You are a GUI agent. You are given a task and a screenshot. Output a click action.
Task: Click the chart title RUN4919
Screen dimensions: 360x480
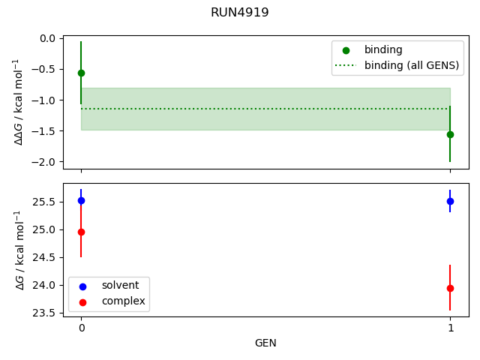pyautogui.click(x=240, y=13)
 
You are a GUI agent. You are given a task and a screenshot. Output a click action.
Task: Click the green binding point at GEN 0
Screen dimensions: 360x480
pyautogui.click(x=81, y=73)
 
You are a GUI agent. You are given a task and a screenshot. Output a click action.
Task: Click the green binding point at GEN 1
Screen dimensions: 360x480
pyautogui.click(x=450, y=134)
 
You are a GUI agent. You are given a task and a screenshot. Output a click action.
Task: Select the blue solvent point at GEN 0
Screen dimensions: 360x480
pyautogui.click(x=81, y=200)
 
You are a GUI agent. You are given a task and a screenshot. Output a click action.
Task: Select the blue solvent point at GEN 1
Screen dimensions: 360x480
pyautogui.click(x=450, y=201)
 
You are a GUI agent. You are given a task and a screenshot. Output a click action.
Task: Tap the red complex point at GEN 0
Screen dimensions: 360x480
pyautogui.click(x=81, y=232)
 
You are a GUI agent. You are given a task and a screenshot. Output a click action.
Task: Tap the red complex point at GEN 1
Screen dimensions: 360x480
pyautogui.click(x=450, y=288)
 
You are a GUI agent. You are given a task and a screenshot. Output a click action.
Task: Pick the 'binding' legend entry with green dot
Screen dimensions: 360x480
pyautogui.click(x=383, y=50)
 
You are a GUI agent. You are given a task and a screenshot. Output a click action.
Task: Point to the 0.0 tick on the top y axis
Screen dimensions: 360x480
pyautogui.click(x=48, y=38)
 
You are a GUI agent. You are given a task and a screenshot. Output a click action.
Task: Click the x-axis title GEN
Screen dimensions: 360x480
pyautogui.click(x=265, y=343)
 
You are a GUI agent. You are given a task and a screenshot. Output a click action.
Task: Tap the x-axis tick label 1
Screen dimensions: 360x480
pyautogui.click(x=450, y=328)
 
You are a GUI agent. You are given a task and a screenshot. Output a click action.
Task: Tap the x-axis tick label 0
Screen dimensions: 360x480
pyautogui.click(x=81, y=328)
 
